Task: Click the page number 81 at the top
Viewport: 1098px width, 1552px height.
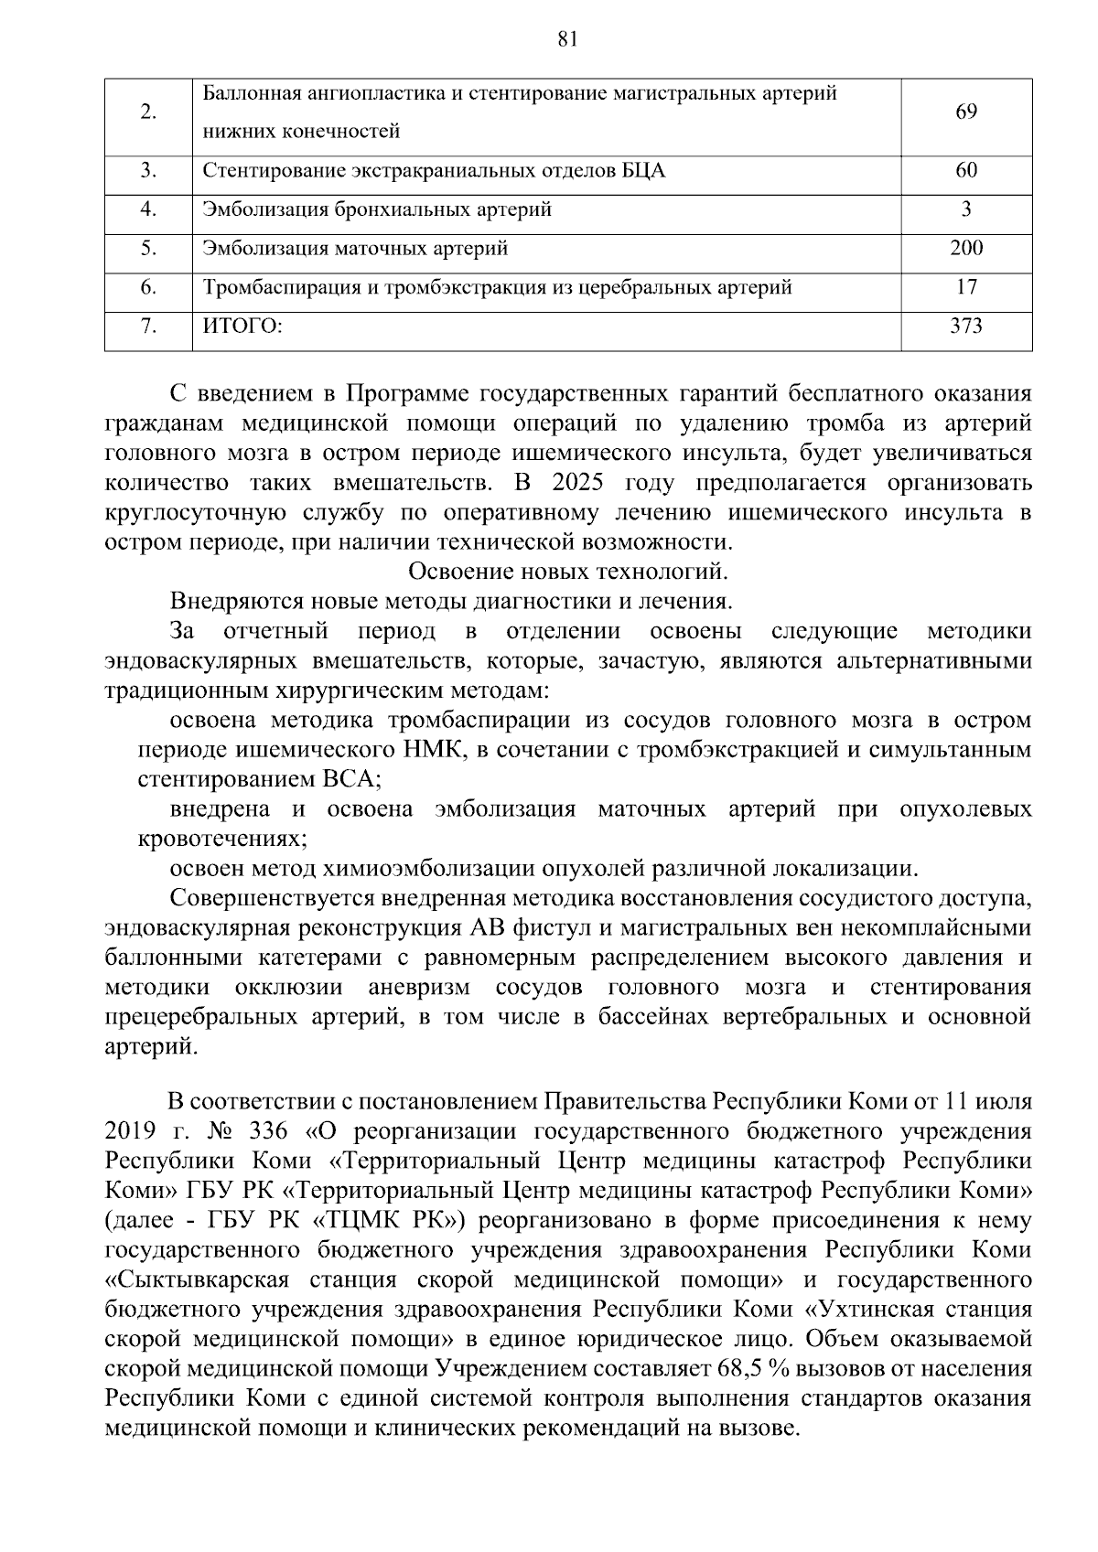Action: tap(566, 38)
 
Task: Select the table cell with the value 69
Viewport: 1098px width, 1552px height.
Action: tap(966, 112)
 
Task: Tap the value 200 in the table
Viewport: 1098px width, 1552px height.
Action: tap(966, 248)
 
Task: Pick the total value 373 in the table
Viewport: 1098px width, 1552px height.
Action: tap(966, 326)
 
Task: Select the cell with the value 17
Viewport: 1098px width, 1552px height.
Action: tap(966, 287)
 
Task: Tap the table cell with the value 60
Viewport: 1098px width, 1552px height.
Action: tap(966, 171)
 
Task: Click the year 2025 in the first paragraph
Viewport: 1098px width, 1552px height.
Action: tap(565, 483)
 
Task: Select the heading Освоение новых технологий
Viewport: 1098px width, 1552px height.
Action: tap(567, 572)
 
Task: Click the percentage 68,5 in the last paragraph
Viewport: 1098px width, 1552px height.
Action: tap(695, 1369)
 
